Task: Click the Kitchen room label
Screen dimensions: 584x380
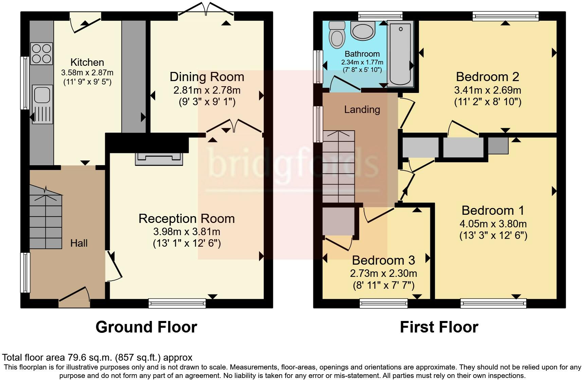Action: coord(87,62)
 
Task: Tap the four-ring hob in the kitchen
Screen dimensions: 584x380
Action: coord(42,54)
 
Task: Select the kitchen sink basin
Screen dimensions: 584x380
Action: coord(42,94)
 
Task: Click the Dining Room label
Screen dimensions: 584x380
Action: coord(207,77)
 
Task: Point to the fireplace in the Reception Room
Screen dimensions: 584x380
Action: coord(159,159)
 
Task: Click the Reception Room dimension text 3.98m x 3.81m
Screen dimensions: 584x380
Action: coord(187,232)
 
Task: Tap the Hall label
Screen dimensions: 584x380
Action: coord(79,243)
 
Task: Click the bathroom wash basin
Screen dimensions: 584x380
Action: coord(363,31)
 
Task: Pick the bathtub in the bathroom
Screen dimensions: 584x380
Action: coord(401,53)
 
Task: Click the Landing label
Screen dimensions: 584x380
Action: coord(362,109)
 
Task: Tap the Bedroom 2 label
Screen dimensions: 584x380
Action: coord(488,77)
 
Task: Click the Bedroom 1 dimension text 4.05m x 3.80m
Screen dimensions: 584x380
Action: coord(493,224)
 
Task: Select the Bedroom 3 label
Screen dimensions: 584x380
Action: coord(383,260)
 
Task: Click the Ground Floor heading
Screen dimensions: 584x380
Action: coord(146,327)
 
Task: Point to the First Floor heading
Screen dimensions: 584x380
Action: coord(439,327)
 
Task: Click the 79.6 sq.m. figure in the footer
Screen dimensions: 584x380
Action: coord(91,357)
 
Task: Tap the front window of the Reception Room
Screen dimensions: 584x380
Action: coord(177,303)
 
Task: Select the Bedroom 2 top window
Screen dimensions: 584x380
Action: coord(506,16)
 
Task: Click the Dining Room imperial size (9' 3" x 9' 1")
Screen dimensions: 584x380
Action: coord(207,102)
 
